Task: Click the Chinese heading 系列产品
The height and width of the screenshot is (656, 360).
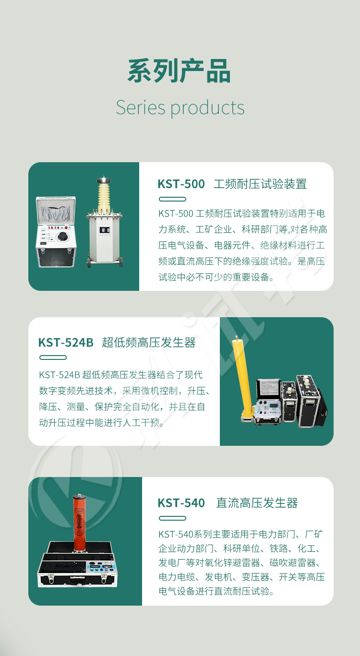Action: click(x=180, y=72)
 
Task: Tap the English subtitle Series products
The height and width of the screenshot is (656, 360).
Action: click(x=180, y=107)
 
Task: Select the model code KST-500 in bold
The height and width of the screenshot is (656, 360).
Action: click(x=181, y=184)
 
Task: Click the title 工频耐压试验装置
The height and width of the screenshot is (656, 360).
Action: click(x=260, y=184)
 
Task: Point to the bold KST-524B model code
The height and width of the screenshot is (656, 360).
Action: click(x=66, y=343)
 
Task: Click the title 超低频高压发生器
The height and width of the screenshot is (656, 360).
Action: click(x=149, y=343)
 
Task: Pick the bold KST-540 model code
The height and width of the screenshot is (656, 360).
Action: click(x=181, y=503)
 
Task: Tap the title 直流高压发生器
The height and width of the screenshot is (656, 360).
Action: click(x=257, y=503)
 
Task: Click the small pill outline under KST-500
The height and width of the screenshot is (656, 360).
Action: click(x=172, y=199)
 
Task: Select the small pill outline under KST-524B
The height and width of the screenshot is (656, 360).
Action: click(x=53, y=358)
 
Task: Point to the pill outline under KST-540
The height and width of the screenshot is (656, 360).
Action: click(x=172, y=518)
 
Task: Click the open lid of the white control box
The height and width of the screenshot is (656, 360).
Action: click(x=56, y=210)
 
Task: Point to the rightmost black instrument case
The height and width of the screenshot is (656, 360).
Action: click(x=310, y=401)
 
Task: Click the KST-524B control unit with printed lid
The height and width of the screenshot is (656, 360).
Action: click(x=268, y=401)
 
